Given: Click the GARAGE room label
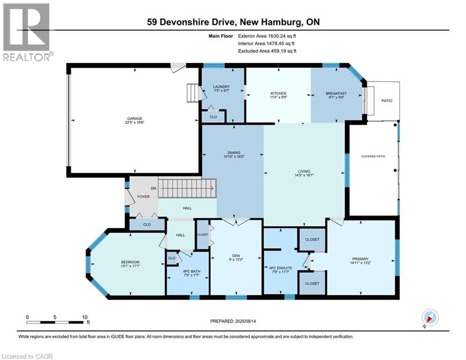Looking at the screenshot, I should [x=133, y=119].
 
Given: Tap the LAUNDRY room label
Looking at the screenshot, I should [x=221, y=86].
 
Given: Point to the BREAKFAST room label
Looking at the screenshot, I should [x=336, y=93].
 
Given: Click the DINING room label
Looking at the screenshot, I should [x=234, y=152].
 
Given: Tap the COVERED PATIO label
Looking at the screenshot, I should [x=373, y=156].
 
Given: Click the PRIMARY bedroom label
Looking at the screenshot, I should [x=361, y=259].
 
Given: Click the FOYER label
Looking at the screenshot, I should [x=143, y=196].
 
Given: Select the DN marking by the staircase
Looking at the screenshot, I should [x=152, y=188].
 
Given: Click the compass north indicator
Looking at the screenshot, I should [x=429, y=318].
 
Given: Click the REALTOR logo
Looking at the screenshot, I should [x=27, y=32].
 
